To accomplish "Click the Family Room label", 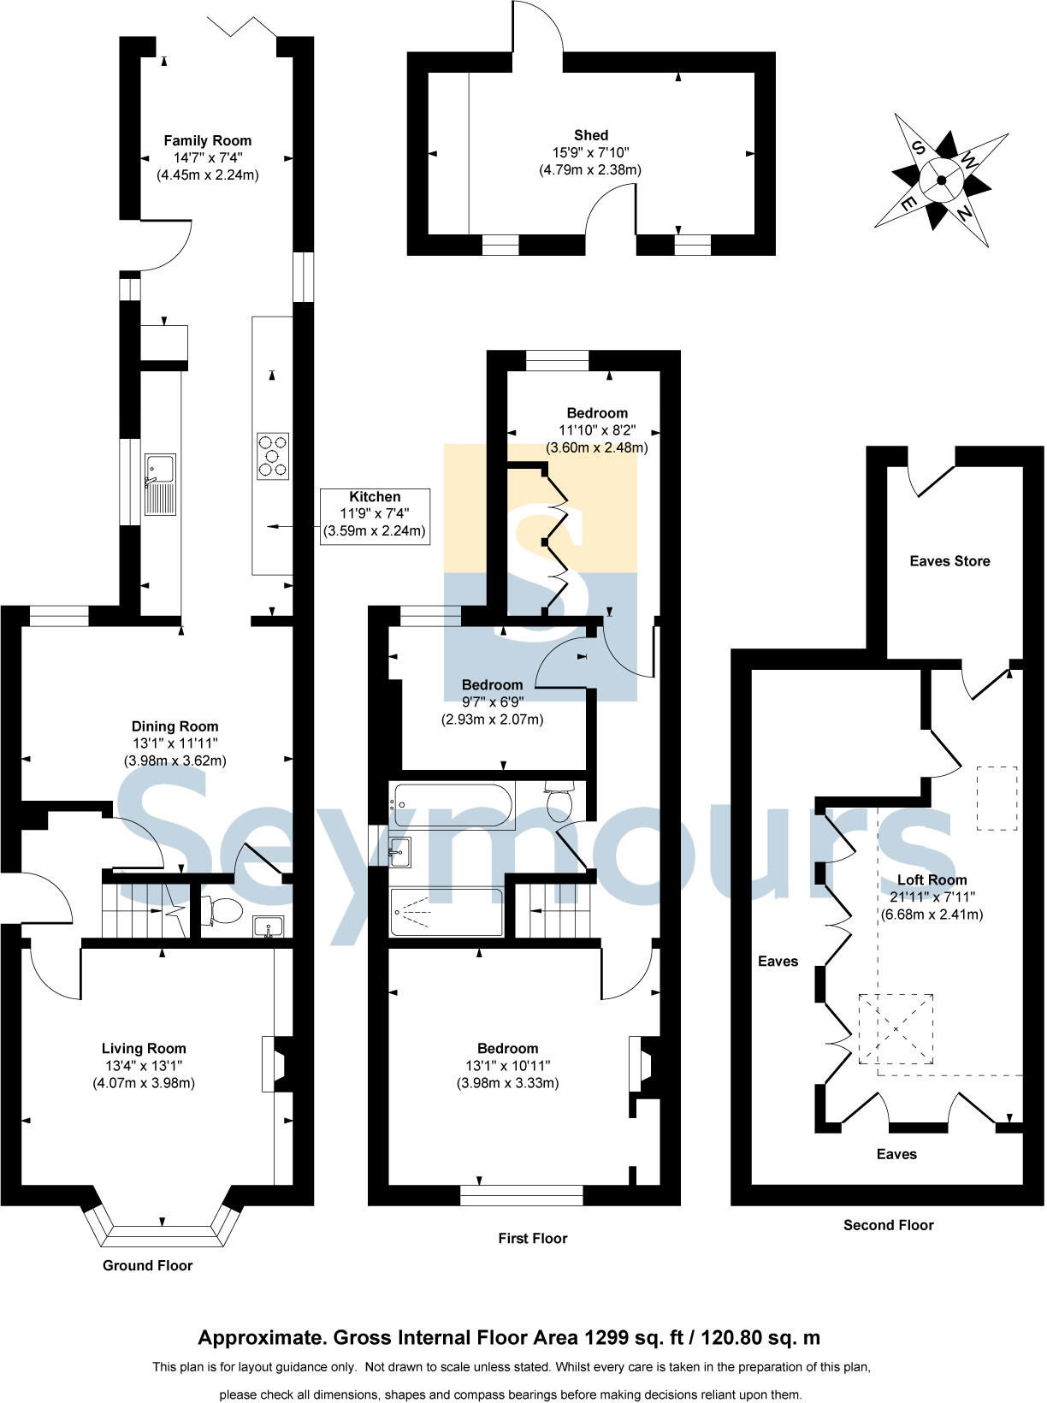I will pyautogui.click(x=208, y=140).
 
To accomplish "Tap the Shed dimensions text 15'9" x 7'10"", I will pyautogui.click(x=590, y=152).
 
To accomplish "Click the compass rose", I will pyautogui.click(x=941, y=180).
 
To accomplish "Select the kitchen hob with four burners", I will pyautogui.click(x=273, y=456).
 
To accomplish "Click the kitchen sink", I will pyautogui.click(x=160, y=484).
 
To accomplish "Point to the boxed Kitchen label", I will pyautogui.click(x=375, y=497).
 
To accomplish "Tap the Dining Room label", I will pyautogui.click(x=174, y=726).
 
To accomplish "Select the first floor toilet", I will pyautogui.click(x=560, y=802).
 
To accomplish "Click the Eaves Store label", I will pyautogui.click(x=949, y=561).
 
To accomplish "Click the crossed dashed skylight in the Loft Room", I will pyautogui.click(x=896, y=1028).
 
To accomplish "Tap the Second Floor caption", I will pyautogui.click(x=888, y=1225).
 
